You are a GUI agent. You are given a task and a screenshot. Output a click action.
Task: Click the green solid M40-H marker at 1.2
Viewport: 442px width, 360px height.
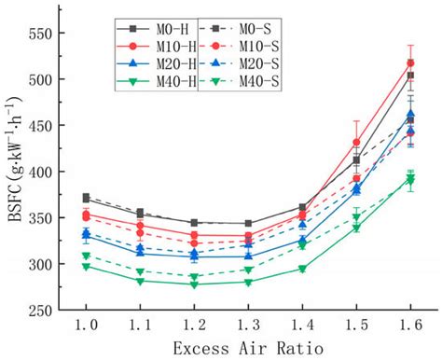click(x=194, y=284)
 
